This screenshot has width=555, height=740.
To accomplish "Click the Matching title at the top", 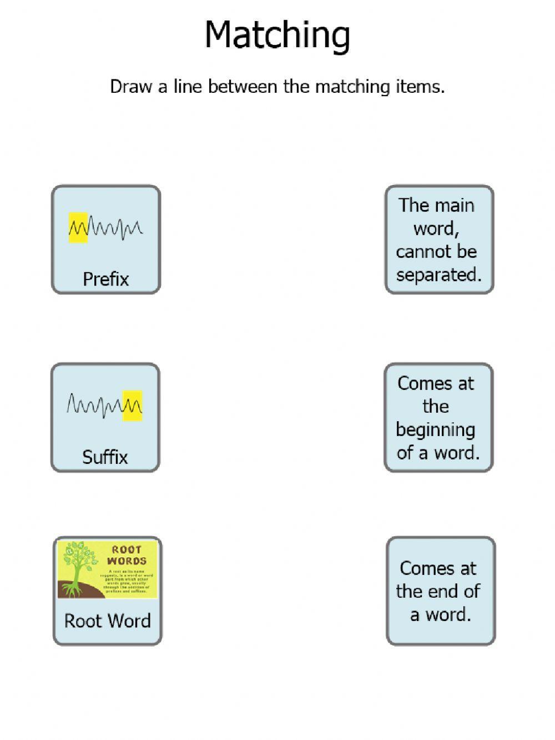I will coord(277,35).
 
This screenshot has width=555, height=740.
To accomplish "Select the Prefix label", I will coord(105,279).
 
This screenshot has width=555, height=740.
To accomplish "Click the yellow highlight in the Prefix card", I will coord(78,228).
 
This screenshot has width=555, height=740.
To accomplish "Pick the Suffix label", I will coord(105,457).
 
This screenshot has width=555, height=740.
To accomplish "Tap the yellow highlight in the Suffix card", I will coord(133,406).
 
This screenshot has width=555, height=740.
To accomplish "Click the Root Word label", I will coord(107,621).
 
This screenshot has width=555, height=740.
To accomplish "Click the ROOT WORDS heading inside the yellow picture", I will coord(127,555).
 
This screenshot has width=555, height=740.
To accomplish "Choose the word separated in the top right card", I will coord(438,274).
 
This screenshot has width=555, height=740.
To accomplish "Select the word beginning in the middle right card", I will coord(436,429).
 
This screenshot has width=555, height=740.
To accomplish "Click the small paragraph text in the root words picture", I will coord(127,581).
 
